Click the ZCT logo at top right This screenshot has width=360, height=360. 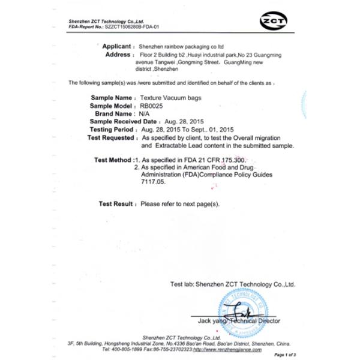(273, 23)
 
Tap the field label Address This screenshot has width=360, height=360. (118, 54)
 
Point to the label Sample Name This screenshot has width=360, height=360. (112, 97)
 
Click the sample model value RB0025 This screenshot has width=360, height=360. (151, 105)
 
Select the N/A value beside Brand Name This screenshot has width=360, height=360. (145, 113)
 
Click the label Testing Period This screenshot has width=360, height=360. (112, 129)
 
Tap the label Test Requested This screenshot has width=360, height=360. (110, 137)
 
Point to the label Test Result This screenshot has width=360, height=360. (116, 204)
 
